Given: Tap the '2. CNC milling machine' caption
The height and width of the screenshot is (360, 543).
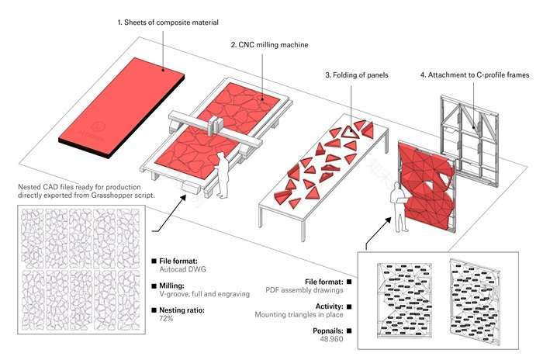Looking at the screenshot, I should click(x=269, y=45).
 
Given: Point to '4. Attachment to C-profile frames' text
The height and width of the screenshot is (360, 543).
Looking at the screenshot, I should click(x=474, y=75).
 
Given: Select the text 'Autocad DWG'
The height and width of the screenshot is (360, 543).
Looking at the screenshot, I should click(x=183, y=272).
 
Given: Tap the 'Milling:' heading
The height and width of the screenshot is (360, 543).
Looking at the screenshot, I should click(x=174, y=286).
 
